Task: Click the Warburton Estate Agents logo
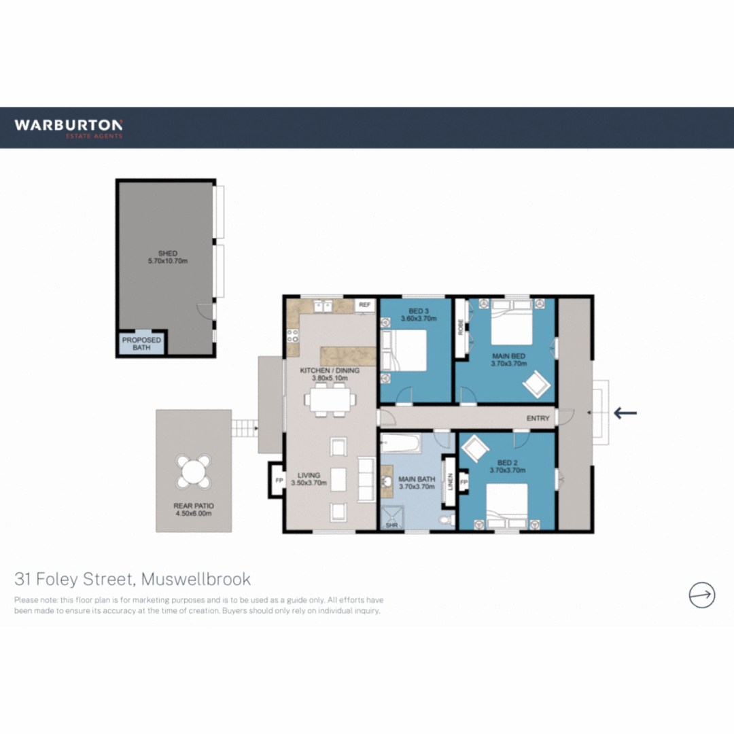69,128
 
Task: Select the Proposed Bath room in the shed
141,343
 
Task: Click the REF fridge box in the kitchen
364,305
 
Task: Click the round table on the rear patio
194,471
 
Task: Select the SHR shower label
391,525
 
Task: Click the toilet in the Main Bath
446,520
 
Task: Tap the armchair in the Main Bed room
536,384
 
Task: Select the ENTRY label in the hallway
538,419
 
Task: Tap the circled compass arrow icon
701,595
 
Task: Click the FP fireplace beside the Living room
278,480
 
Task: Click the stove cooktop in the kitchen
294,335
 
